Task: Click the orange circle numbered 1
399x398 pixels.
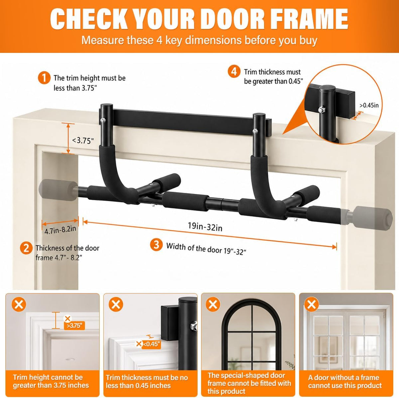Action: (x=44, y=78)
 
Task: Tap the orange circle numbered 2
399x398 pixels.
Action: (x=26, y=248)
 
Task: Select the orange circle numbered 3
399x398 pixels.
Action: (x=156, y=244)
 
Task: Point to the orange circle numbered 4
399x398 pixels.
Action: (x=234, y=72)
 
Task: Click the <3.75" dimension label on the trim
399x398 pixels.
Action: (x=83, y=141)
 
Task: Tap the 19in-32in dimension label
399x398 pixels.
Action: (x=205, y=227)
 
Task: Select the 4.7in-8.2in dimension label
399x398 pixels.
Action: (x=60, y=229)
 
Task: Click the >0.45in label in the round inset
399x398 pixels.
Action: (x=369, y=105)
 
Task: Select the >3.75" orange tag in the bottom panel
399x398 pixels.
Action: (x=74, y=326)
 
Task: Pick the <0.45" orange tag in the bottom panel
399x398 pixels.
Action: (x=151, y=344)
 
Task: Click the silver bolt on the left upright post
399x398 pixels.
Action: (x=103, y=120)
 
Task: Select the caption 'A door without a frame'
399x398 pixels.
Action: (x=343, y=377)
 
